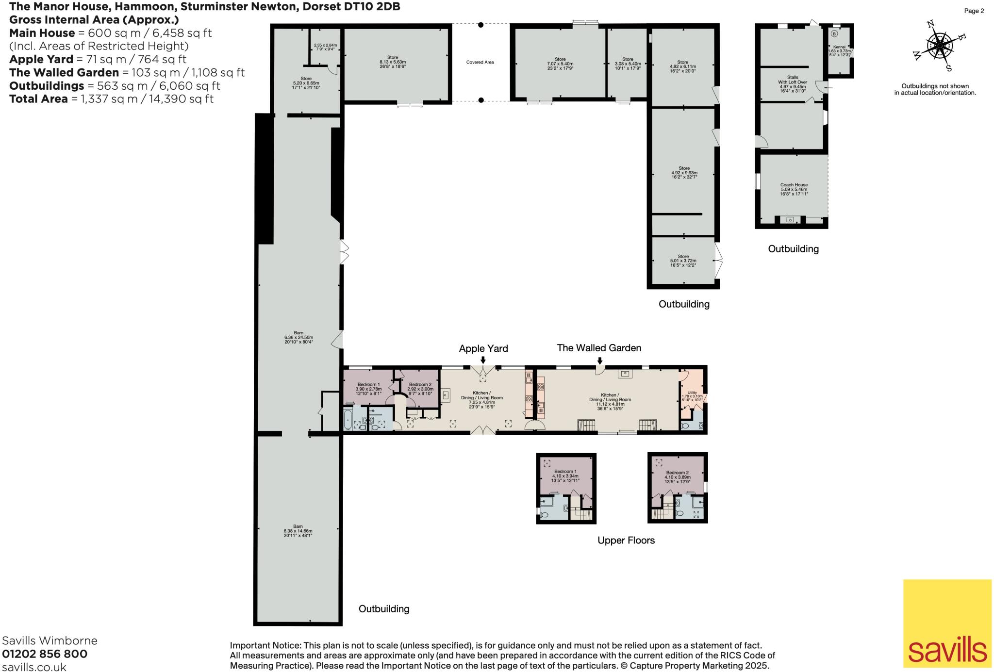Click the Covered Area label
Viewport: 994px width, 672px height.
[x=480, y=62]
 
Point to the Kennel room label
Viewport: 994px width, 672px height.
[x=839, y=50]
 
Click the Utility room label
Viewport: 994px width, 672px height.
[x=692, y=394]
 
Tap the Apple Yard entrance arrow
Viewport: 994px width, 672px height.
[x=482, y=360]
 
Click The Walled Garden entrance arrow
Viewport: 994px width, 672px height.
[x=600, y=360]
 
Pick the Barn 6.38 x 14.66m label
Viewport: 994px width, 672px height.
[x=298, y=531]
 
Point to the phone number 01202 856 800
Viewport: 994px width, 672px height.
[x=45, y=654]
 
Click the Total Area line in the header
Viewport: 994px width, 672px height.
[x=111, y=99]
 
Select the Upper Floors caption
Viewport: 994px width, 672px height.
[x=626, y=541]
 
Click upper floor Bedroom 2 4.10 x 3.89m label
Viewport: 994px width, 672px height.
[x=677, y=475]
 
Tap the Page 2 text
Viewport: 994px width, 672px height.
[x=974, y=11]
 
